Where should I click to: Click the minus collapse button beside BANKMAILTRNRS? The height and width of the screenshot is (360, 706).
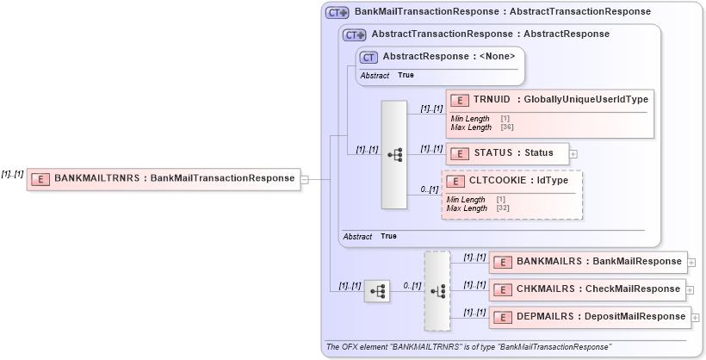(x=304, y=179)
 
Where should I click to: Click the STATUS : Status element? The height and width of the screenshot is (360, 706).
(x=507, y=154)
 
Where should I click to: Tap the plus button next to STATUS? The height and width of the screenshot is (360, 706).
(x=573, y=154)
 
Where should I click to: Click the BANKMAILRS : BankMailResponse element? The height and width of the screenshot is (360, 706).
(x=587, y=262)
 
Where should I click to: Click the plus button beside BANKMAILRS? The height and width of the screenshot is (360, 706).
(x=692, y=262)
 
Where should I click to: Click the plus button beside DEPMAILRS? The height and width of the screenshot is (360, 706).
(x=696, y=317)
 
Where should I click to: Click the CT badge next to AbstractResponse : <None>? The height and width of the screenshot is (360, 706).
(x=369, y=58)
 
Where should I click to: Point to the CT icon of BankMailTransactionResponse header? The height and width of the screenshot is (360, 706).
(x=337, y=13)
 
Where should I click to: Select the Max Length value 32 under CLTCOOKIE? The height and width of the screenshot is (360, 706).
(x=502, y=208)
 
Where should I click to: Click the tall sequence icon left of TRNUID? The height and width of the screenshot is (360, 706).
(x=394, y=155)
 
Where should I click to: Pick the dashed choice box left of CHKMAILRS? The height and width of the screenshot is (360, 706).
(x=437, y=291)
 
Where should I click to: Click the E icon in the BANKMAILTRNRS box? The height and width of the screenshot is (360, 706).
(x=40, y=179)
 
